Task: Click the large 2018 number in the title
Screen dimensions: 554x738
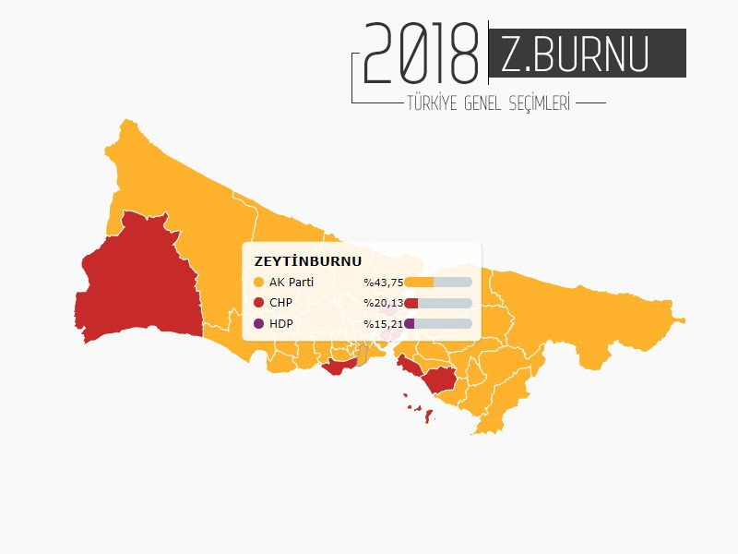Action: (421, 54)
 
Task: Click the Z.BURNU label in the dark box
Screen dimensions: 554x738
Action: (575, 54)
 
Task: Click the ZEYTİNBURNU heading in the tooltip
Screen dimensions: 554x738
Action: (307, 261)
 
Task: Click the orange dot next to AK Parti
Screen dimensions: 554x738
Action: (258, 283)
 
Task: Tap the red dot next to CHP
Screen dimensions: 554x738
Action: (258, 303)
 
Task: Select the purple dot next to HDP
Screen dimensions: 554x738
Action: (258, 324)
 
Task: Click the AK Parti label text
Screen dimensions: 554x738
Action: (292, 283)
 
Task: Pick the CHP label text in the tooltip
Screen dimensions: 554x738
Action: (280, 303)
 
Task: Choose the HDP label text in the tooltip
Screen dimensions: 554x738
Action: (280, 324)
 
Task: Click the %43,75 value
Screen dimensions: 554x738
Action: (383, 283)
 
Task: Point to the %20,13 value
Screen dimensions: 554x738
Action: (383, 303)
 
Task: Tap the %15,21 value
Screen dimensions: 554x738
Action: (383, 324)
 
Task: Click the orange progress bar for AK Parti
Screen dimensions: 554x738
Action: (420, 283)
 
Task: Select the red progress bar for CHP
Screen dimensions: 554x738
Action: (411, 303)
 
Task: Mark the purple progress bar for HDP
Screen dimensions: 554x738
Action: (410, 324)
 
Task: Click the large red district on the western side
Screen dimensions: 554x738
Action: (138, 277)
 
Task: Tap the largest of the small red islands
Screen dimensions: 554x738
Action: (429, 415)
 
